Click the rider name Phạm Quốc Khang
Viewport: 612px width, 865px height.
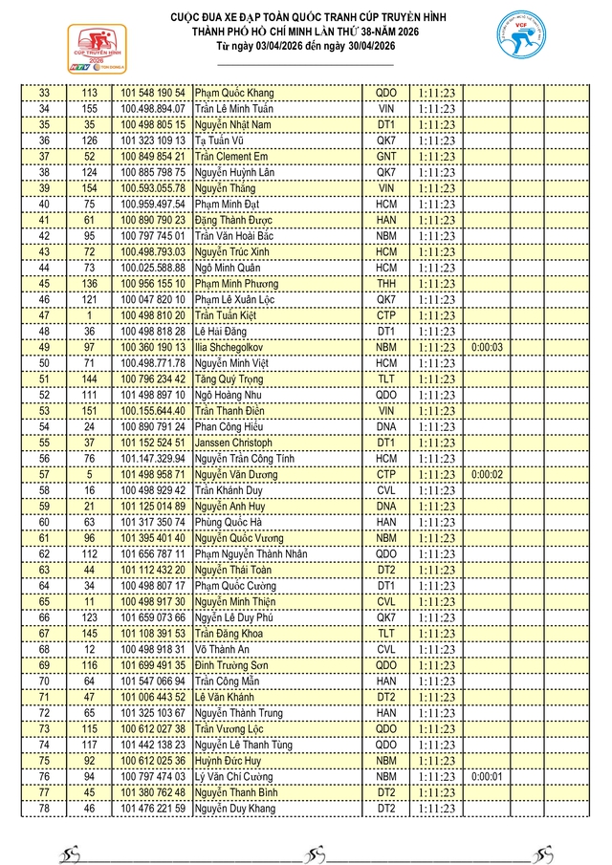(x=234, y=93)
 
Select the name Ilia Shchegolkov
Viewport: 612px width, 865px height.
(x=236, y=348)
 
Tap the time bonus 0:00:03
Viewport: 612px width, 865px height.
(x=487, y=348)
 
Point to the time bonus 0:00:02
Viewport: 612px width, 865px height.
(x=487, y=475)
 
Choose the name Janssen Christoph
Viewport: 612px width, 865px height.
(x=236, y=443)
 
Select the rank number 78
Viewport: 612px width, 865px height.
(x=44, y=810)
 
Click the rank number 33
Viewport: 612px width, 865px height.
(x=44, y=93)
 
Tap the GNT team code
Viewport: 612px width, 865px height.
(x=386, y=157)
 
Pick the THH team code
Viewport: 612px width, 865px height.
(x=386, y=284)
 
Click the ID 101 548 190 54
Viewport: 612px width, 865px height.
(x=153, y=93)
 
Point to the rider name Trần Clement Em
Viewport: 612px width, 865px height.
(x=231, y=157)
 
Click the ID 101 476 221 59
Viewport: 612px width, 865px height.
(x=153, y=810)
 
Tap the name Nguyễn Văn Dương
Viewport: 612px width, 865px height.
(x=236, y=475)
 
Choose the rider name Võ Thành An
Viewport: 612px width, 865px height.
(x=224, y=650)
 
